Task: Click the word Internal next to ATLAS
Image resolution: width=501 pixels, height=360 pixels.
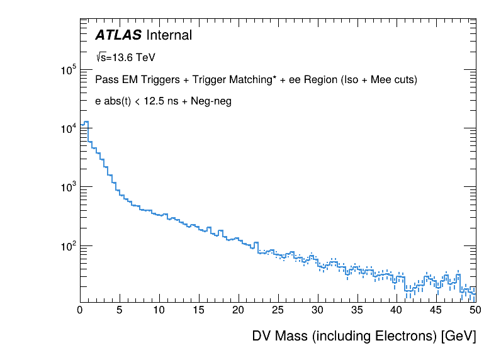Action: [x=169, y=35]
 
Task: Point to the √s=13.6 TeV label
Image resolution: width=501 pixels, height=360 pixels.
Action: [x=125, y=57]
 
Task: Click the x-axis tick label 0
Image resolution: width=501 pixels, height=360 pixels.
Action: [x=80, y=310]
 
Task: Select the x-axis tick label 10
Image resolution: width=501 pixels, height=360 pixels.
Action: [x=159, y=310]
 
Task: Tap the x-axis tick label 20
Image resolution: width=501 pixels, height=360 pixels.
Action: [x=239, y=310]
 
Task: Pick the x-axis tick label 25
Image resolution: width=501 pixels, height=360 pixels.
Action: [x=278, y=310]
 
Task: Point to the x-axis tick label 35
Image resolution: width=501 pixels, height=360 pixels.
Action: [x=357, y=310]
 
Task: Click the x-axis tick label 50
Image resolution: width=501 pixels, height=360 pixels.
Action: [x=476, y=310]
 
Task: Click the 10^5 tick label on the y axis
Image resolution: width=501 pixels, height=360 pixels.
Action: [x=68, y=70]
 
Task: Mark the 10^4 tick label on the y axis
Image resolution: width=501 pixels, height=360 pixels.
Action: [x=68, y=129]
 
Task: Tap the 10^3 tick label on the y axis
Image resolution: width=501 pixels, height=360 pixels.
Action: [x=68, y=188]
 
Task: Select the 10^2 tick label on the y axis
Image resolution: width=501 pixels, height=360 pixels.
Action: [x=68, y=246]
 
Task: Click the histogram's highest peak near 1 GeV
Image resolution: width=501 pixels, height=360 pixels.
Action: [x=86, y=122]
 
